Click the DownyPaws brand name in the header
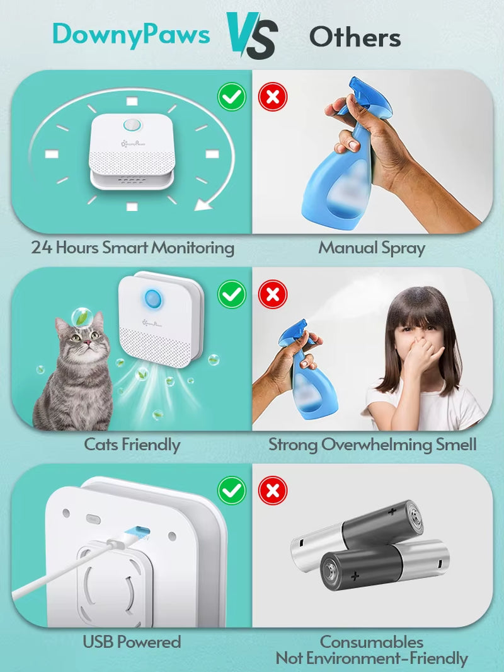point(130,34)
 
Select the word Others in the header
point(355,38)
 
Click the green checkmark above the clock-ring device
point(232,97)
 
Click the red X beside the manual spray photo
point(273,97)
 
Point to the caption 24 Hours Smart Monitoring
point(132,247)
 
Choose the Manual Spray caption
point(372,247)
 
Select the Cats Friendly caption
point(132,444)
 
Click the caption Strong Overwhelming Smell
point(372,444)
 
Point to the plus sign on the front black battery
point(356,575)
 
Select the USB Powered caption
point(132,642)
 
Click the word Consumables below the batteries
point(372,642)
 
